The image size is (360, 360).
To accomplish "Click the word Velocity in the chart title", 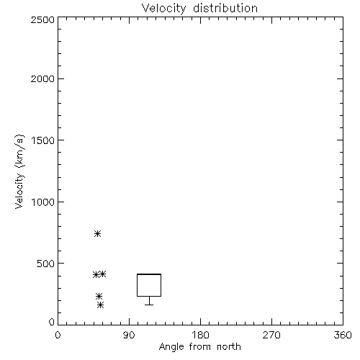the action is tap(163, 9).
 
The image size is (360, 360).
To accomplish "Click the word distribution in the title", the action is tap(225, 8).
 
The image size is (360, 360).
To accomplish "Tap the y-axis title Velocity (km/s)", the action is tap(19, 171).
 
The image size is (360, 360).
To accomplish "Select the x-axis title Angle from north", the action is tap(199, 347).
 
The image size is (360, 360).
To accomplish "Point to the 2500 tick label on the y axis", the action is tap(42, 19).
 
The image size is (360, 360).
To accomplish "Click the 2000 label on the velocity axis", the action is tap(42, 79).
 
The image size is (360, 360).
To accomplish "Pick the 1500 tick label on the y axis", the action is tap(43, 140).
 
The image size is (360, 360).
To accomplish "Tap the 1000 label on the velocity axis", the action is tap(43, 202).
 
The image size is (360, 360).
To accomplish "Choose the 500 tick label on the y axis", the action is tap(46, 264).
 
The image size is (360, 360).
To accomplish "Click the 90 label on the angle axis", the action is tap(129, 335).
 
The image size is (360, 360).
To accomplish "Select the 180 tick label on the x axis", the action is tap(200, 335).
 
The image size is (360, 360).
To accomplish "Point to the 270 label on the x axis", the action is tap(271, 335).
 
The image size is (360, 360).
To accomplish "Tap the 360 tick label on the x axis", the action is tap(343, 335).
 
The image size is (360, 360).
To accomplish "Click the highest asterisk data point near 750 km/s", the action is tap(97, 233).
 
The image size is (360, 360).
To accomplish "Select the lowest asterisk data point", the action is tap(101, 305).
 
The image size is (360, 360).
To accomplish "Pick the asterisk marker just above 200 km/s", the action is tap(99, 297).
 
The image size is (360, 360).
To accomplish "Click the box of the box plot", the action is tap(137, 285).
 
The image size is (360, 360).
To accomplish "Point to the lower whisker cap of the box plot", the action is tap(149, 305).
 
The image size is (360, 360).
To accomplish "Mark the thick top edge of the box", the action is tap(149, 274).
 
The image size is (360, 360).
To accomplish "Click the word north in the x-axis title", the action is tap(229, 347).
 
